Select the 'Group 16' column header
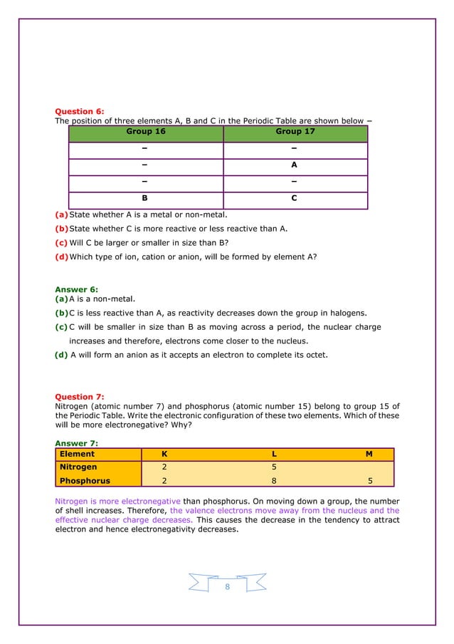[x=145, y=132]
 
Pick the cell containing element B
[x=145, y=199]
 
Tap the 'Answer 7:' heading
[x=76, y=443]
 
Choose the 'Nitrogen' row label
[x=78, y=467]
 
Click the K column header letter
[x=145, y=454]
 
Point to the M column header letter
[x=369, y=454]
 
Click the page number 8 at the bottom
[x=227, y=586]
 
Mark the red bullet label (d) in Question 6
[x=62, y=257]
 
